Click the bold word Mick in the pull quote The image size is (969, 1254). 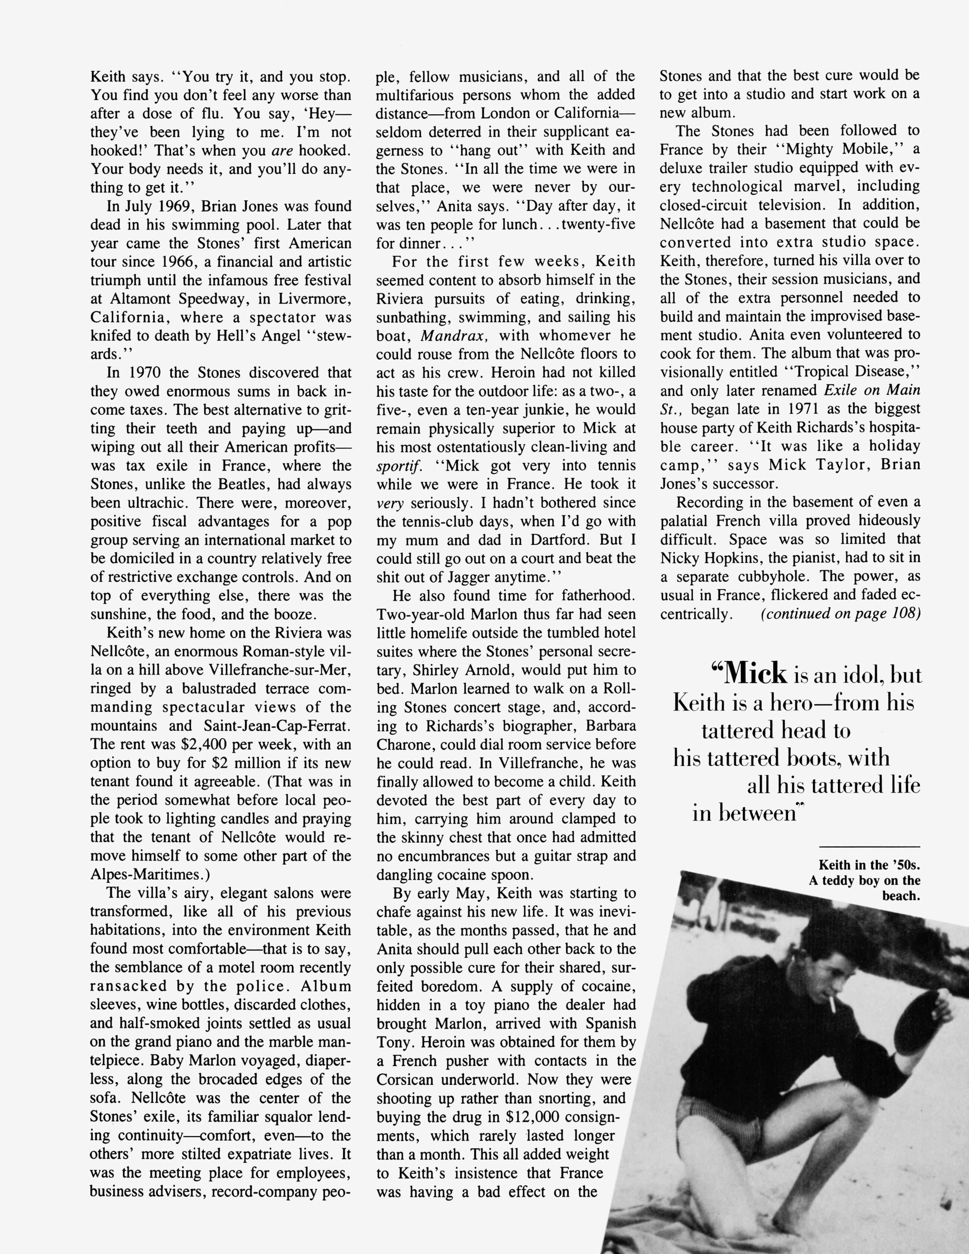[755, 673]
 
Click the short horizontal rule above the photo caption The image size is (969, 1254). [869, 847]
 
